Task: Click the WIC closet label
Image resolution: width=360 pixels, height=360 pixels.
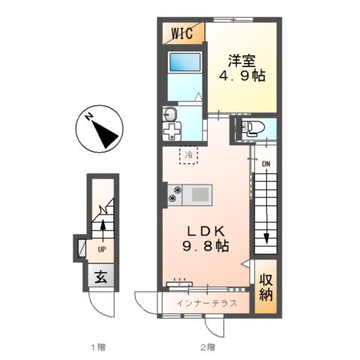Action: click(182, 33)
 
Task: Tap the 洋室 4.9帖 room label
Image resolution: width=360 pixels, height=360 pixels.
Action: click(241, 68)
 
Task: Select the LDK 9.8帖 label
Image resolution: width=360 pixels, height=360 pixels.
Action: click(206, 238)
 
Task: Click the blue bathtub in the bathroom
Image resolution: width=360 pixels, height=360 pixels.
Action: click(185, 61)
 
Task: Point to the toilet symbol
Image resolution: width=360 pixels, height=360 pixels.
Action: click(252, 129)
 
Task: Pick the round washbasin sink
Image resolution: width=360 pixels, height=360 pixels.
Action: click(170, 115)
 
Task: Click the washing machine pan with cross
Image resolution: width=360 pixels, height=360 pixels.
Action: click(172, 131)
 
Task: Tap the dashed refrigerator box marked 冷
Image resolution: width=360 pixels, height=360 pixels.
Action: click(188, 155)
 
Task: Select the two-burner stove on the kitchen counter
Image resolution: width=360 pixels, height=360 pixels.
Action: click(175, 195)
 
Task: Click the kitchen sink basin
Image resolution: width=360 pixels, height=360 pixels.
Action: click(200, 194)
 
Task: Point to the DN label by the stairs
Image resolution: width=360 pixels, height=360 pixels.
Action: click(266, 164)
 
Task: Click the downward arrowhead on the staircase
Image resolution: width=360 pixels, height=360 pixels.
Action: click(266, 238)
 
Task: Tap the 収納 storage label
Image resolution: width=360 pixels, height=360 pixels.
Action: click(265, 288)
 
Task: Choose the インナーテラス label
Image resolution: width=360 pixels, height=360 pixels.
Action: click(206, 303)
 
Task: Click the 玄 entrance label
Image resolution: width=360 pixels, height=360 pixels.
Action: click(101, 277)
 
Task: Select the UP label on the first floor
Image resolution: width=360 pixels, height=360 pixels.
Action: click(102, 249)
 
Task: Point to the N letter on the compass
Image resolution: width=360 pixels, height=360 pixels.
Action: click(88, 117)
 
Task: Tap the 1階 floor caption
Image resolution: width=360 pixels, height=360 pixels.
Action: click(98, 347)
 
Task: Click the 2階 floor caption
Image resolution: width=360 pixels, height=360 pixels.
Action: click(208, 347)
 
